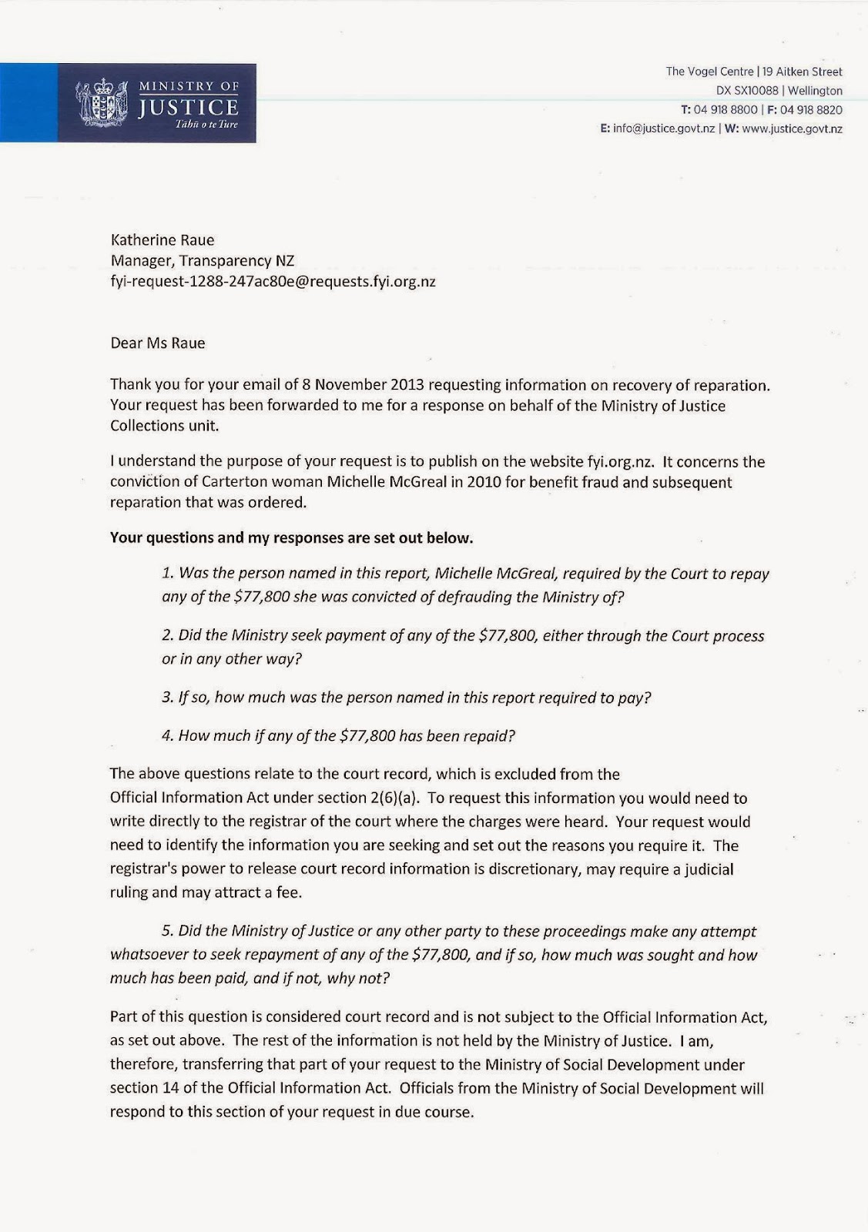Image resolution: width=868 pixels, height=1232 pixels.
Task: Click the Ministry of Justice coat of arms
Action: point(102,103)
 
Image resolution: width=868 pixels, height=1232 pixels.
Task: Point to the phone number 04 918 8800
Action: point(726,110)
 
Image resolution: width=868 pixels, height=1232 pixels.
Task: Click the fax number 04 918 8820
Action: point(811,110)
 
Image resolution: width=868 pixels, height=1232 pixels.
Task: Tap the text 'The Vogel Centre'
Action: point(709,72)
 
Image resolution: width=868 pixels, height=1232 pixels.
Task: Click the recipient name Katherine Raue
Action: point(163,239)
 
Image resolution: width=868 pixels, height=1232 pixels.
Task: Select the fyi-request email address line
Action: point(273,281)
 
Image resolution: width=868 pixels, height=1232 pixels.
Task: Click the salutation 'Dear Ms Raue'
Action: point(158,343)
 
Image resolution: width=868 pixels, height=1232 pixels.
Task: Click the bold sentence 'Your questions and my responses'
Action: point(291,537)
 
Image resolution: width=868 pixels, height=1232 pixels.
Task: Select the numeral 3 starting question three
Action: point(166,698)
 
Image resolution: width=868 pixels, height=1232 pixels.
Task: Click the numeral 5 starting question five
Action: point(166,932)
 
